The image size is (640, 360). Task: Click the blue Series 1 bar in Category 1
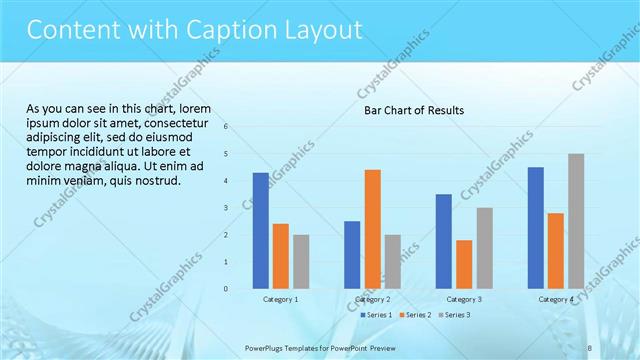pos(260,230)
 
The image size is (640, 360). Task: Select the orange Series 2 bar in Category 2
pos(372,229)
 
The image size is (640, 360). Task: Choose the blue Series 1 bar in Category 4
pos(536,227)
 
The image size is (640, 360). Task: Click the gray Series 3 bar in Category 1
pos(301,261)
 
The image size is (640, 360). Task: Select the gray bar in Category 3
pos(484,248)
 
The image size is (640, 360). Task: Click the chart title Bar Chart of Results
pos(413,110)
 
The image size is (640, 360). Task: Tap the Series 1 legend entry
pos(378,315)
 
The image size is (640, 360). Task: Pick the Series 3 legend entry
pos(455,315)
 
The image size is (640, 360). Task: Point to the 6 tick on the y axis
pos(227,127)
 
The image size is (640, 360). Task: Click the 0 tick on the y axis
pos(227,289)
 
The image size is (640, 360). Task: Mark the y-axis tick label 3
pos(227,208)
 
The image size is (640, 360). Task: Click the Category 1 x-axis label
pos(281,299)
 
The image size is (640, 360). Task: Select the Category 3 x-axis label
pos(464,299)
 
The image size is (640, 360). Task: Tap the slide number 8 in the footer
pos(590,347)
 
